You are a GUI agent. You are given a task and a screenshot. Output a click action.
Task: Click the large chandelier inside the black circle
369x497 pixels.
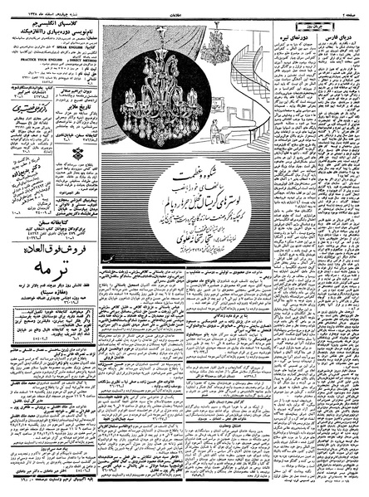coord(160,92)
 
